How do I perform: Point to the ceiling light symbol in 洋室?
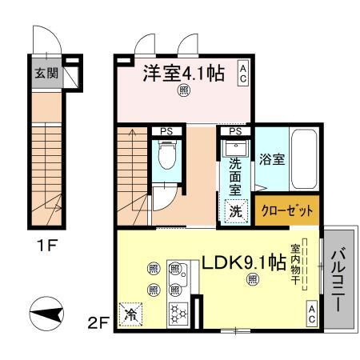click(x=183, y=91)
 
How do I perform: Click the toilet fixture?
click(x=167, y=155)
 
